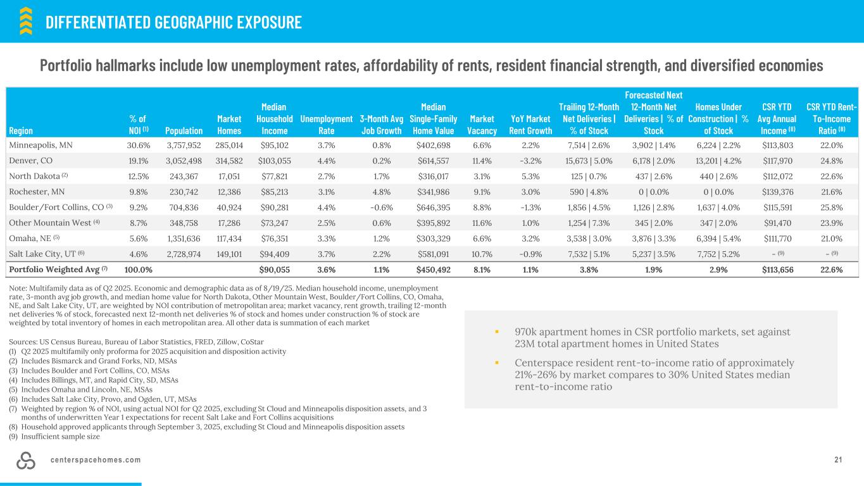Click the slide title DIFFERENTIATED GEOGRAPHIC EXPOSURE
173,23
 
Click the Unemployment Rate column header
326,125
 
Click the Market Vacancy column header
483,125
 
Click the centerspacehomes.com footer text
96,459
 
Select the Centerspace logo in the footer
27,461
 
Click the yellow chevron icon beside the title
26,21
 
